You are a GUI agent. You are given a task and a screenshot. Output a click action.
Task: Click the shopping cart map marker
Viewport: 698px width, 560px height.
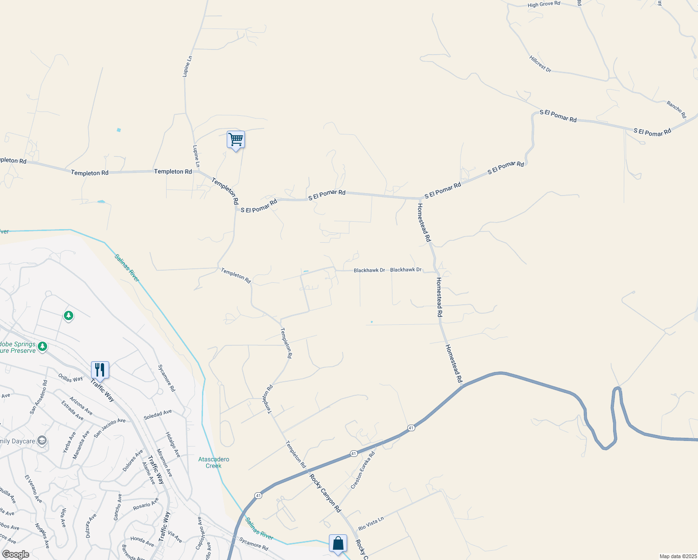236,140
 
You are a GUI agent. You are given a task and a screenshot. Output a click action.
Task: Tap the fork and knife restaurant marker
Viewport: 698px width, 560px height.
100,370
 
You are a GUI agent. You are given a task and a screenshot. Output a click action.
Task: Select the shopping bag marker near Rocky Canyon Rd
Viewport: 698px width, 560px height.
338,543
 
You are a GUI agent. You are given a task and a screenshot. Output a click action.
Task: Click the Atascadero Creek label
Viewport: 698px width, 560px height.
214,462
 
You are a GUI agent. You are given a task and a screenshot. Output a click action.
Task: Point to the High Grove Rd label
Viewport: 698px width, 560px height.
544,4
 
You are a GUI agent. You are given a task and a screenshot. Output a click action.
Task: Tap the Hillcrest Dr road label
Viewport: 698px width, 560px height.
540,63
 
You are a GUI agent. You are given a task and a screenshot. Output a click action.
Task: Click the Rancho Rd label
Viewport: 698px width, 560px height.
677,109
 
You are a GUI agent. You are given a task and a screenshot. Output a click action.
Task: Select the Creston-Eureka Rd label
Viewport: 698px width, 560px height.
363,470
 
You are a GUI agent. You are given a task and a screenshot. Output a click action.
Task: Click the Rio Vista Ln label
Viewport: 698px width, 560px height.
371,523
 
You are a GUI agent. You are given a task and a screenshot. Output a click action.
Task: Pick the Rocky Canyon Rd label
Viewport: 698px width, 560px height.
325,493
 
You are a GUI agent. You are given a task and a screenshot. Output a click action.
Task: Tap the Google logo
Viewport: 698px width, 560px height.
15,554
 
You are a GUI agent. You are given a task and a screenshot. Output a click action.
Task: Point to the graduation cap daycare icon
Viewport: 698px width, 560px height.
42,441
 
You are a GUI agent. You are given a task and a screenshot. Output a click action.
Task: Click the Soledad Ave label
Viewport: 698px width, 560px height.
158,414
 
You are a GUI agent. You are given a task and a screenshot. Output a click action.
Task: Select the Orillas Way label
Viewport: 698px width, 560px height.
70,378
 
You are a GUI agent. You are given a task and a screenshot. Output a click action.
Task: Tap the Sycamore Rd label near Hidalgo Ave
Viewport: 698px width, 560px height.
167,378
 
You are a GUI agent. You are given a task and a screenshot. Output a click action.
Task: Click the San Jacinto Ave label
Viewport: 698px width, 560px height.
110,427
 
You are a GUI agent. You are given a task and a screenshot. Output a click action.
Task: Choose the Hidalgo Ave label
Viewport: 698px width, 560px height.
173,444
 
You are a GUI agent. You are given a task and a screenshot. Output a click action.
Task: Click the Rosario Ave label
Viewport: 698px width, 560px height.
146,505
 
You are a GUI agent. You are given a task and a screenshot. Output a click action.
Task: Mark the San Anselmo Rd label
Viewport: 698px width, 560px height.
39,397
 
